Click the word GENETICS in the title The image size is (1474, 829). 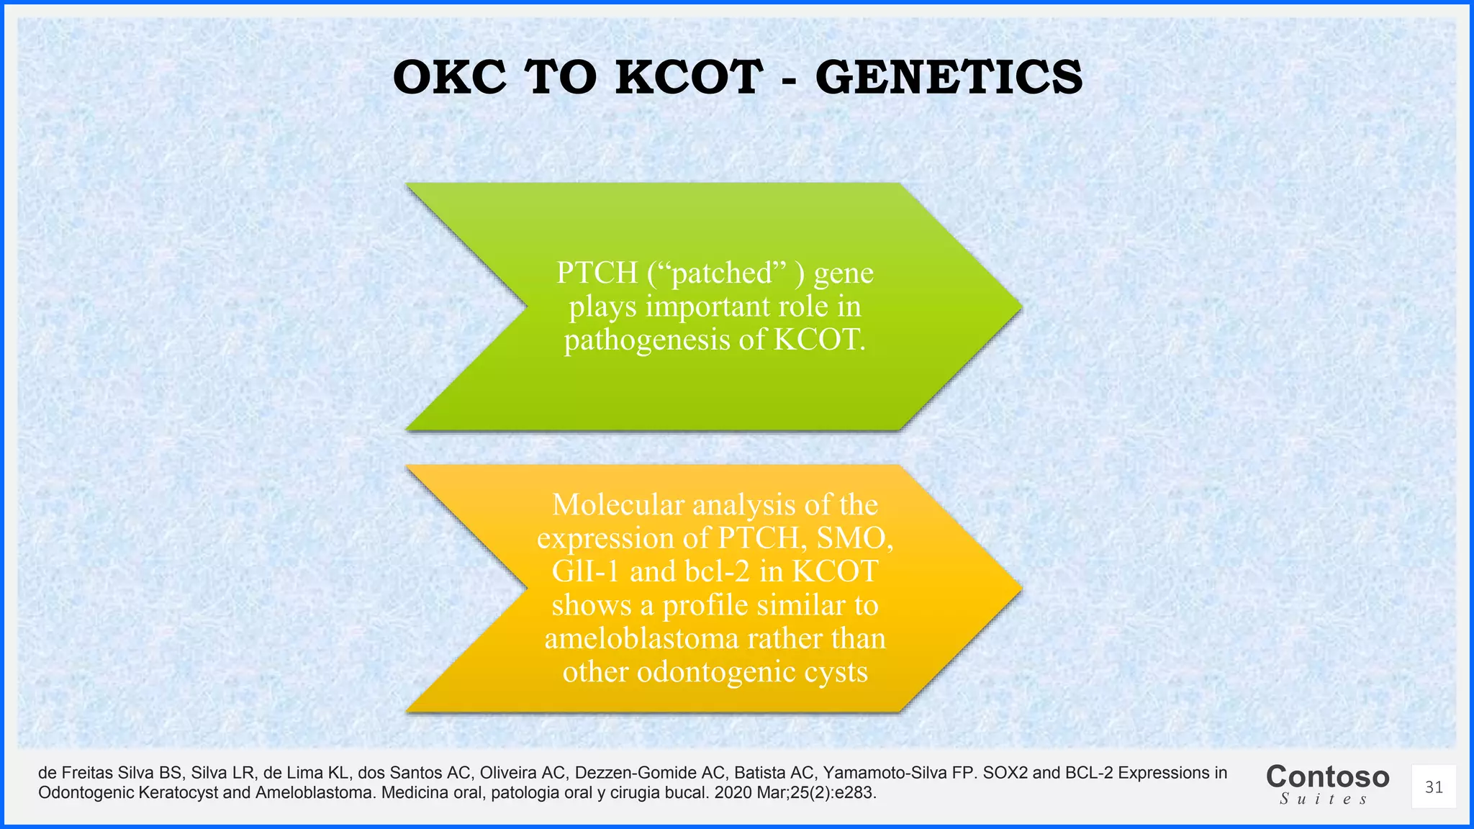coord(949,78)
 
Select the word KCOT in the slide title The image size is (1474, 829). coord(689,78)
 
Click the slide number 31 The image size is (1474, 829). coord(1434,787)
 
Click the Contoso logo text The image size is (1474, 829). coord(1327,777)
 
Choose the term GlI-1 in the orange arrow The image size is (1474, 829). coord(586,572)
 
